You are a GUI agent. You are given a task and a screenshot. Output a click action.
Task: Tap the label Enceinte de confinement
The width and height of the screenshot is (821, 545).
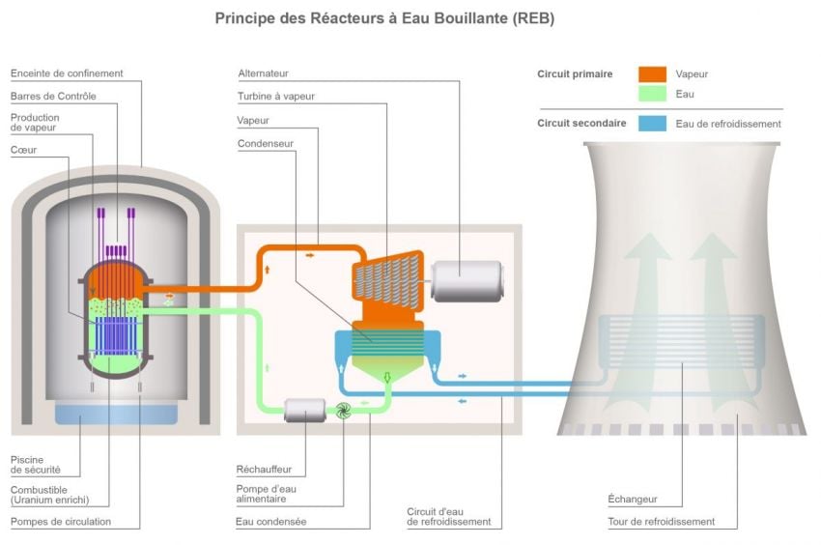[x=67, y=73]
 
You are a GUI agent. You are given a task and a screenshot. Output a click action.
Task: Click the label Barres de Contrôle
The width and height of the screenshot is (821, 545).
[x=53, y=96]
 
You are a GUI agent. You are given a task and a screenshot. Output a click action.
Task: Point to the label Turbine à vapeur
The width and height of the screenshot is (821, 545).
[x=276, y=96]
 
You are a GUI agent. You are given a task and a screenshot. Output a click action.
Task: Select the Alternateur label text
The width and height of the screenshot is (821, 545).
[x=264, y=73]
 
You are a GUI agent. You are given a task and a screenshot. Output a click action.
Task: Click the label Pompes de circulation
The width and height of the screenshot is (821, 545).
[x=61, y=522]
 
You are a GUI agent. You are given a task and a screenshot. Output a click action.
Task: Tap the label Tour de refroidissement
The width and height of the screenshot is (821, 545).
[x=662, y=522]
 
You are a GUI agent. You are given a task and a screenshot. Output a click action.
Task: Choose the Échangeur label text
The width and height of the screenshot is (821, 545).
[x=633, y=500]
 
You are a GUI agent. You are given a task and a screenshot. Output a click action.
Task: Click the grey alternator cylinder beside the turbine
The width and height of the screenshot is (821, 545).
[x=466, y=280]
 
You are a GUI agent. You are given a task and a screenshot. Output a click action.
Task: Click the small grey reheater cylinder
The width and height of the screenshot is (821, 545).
[x=304, y=411]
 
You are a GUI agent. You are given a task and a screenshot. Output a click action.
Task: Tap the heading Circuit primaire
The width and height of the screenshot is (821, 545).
[x=575, y=74]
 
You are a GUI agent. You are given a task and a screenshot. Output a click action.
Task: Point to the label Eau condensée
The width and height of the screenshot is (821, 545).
[x=270, y=522]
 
